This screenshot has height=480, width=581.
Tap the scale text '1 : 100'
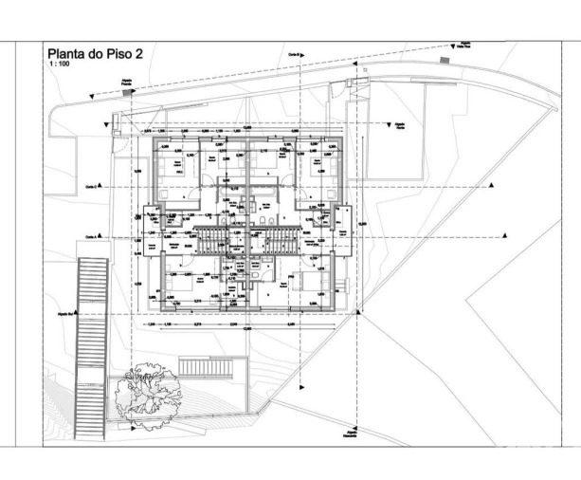[60, 67]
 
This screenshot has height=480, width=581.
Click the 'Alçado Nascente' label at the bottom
[353, 434]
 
